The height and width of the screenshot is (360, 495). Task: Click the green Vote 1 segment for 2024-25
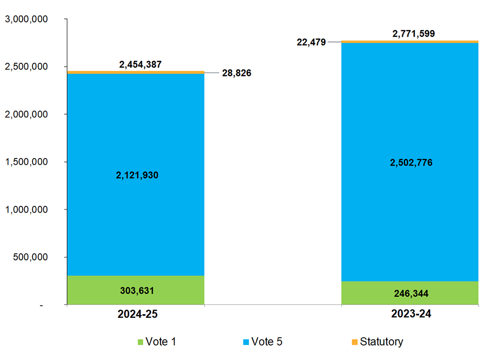pos(97,290)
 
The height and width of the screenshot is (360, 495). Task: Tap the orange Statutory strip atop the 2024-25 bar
pos(135,72)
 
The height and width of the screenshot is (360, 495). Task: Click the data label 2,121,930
pos(137,175)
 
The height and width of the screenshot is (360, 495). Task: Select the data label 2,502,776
pos(411,163)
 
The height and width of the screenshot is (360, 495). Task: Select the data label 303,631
pos(137,290)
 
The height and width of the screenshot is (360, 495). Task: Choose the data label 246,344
pos(410,293)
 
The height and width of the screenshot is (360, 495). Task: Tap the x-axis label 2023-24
pos(411,314)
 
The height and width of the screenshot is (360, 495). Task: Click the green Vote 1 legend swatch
pos(141,342)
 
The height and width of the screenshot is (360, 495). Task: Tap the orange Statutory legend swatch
pos(354,342)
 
